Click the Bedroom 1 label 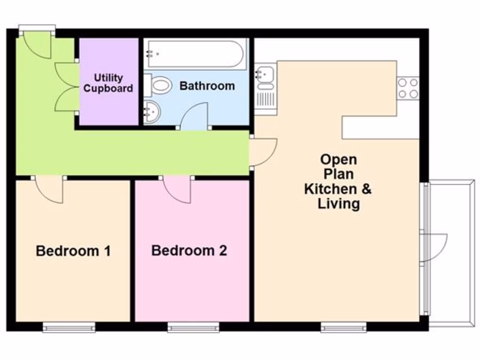[73, 251]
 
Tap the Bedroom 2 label [189, 250]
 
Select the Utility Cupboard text [108, 83]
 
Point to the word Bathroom [207, 86]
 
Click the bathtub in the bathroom [195, 53]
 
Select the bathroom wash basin [152, 112]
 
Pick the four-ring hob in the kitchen [408, 88]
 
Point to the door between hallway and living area [262, 151]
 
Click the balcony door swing [435, 247]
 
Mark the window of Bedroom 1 [69, 327]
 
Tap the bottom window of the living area [343, 327]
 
